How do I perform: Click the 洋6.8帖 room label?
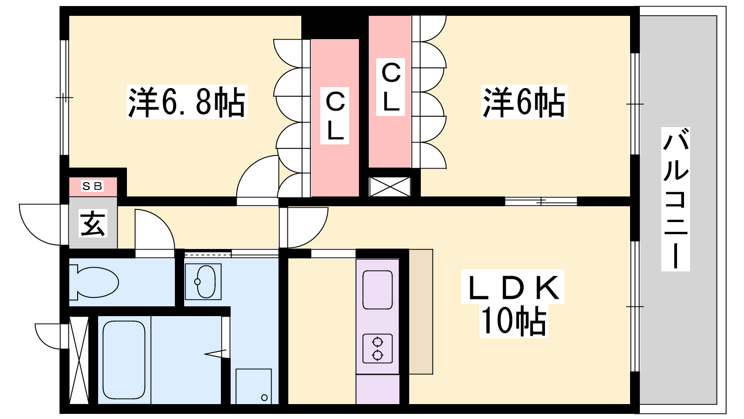186,102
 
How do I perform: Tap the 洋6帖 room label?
524,102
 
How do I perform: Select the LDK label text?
512,287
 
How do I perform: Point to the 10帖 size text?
513,321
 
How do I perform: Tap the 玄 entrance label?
93,223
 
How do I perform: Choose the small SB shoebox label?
93,186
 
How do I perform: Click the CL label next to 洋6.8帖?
335,115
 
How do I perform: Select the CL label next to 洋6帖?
391,87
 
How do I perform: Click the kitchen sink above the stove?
378,290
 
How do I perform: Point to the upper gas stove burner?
378,342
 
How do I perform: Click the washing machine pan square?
254,386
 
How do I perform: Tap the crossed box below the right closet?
390,187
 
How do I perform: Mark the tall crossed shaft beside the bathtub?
79,360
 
